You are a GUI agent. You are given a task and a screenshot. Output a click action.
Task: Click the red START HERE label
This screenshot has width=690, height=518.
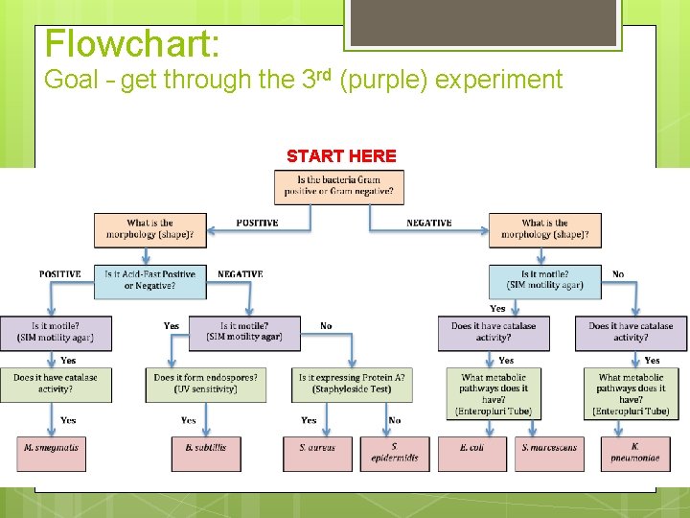[340, 155]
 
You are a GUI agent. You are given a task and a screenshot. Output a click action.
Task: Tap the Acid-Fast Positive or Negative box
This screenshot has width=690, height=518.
[149, 280]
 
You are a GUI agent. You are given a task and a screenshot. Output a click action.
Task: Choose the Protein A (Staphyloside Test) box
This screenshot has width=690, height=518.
[352, 384]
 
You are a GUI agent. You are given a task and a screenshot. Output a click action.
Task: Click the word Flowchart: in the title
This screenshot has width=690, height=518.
[132, 43]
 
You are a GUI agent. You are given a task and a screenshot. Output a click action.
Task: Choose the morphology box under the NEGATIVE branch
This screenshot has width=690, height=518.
[544, 228]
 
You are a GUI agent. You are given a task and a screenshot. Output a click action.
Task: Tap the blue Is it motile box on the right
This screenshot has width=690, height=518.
[544, 280]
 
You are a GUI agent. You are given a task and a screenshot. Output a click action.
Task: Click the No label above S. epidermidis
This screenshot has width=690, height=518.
[395, 420]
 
